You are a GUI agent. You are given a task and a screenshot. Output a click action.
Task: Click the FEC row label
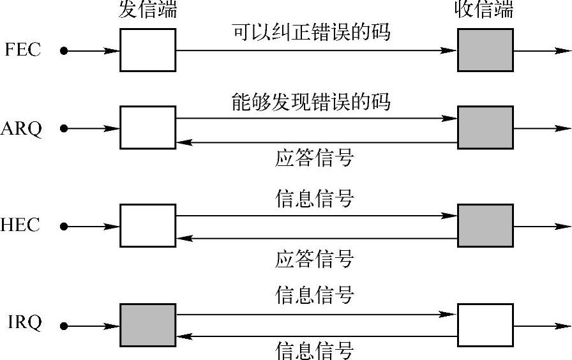[x=22, y=50]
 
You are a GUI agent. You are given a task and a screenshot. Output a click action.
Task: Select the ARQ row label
[x=22, y=129]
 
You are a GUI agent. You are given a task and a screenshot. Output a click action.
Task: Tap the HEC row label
[x=20, y=225]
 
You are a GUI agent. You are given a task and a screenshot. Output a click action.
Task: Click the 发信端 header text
[x=147, y=10]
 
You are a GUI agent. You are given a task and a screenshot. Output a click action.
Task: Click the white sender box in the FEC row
[x=147, y=50]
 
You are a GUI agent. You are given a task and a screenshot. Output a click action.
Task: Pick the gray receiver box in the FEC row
[x=485, y=50]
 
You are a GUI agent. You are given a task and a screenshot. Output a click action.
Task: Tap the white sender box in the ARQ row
[x=147, y=128]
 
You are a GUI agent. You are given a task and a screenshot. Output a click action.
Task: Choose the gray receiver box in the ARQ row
[x=485, y=128]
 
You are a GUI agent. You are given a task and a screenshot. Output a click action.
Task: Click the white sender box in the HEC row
[x=147, y=225]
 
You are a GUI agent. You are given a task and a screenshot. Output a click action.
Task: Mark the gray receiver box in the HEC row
[x=485, y=225]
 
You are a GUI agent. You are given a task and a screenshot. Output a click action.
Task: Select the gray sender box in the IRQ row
[x=147, y=325]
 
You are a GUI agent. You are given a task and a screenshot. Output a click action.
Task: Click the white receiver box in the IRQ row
[x=485, y=325]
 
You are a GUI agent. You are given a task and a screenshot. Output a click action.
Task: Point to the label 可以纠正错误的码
[x=311, y=32]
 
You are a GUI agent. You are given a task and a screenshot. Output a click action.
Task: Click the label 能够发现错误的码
[x=311, y=102]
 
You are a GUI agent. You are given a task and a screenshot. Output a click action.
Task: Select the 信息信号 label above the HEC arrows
[x=314, y=199]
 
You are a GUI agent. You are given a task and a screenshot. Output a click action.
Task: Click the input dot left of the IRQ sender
[x=63, y=326]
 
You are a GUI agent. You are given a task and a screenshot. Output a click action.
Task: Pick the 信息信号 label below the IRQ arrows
[x=314, y=350]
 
